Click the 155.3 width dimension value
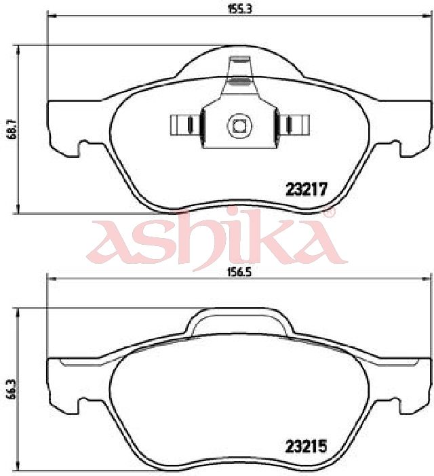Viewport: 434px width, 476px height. tap(240, 9)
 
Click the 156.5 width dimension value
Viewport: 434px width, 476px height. tap(240, 273)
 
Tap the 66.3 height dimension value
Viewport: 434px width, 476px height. tap(13, 392)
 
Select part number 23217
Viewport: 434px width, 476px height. tap(307, 190)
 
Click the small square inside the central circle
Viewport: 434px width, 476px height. tap(239, 126)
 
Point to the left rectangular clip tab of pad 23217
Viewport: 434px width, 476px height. tap(185, 125)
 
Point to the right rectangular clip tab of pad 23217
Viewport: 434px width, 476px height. tap(294, 125)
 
